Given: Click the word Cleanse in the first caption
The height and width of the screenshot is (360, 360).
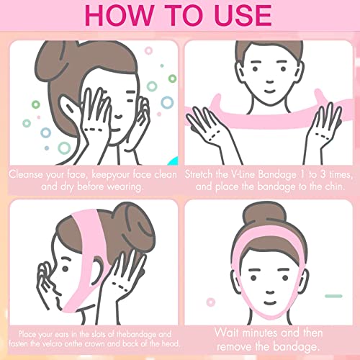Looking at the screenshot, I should (29, 174).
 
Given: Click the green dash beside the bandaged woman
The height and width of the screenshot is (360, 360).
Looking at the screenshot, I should (332, 295).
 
